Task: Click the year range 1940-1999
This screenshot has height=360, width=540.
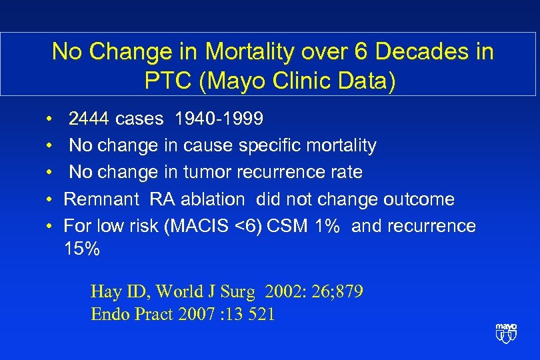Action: [218, 119]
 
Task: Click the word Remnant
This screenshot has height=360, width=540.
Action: [102, 199]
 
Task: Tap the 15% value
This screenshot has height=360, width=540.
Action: [81, 250]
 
